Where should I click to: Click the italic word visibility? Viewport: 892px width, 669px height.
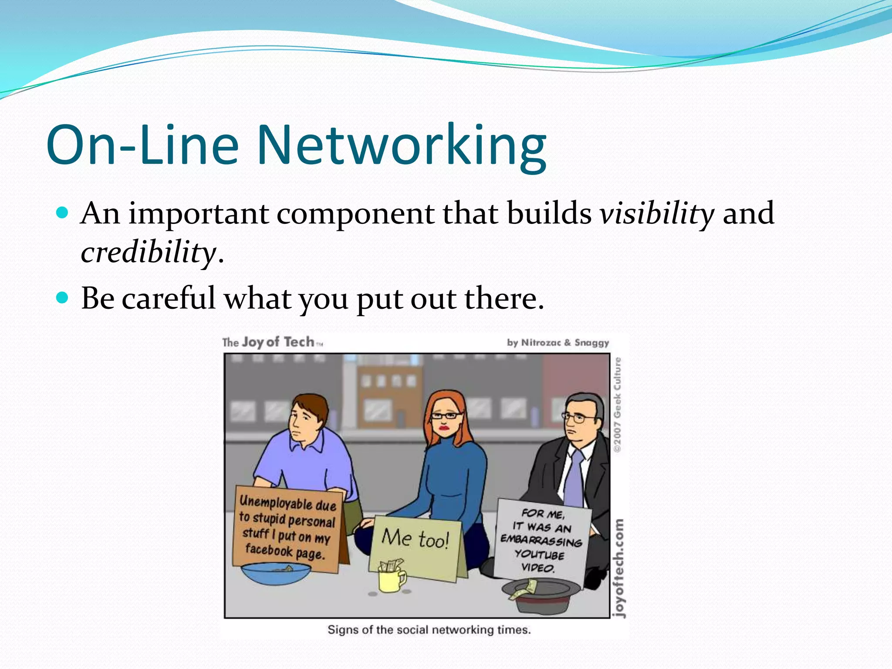(657, 214)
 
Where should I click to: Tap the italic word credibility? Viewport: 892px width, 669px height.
(148, 253)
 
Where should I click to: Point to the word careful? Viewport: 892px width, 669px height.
(169, 299)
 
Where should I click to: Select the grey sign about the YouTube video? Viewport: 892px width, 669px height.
(541, 540)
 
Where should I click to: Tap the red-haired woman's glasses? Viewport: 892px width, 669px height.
(445, 416)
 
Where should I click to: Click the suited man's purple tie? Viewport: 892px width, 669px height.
(574, 479)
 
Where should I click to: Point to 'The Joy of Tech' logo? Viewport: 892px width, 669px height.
(273, 342)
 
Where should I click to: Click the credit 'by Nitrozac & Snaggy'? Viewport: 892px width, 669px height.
(557, 343)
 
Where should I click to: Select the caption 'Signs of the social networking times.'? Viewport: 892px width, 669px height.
(429, 630)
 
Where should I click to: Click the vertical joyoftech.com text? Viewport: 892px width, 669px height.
(618, 568)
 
